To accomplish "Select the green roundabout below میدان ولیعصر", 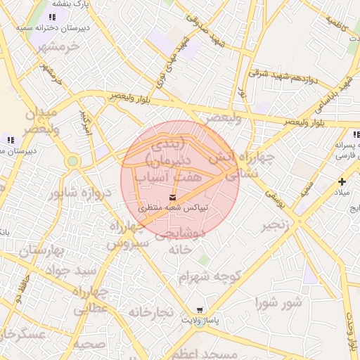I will pos(72,162).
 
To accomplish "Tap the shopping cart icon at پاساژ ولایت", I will pos(200,310).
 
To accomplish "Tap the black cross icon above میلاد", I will pos(342,181).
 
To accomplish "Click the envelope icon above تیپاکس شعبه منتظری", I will pos(173,197).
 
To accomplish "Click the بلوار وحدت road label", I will pos(352,330).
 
